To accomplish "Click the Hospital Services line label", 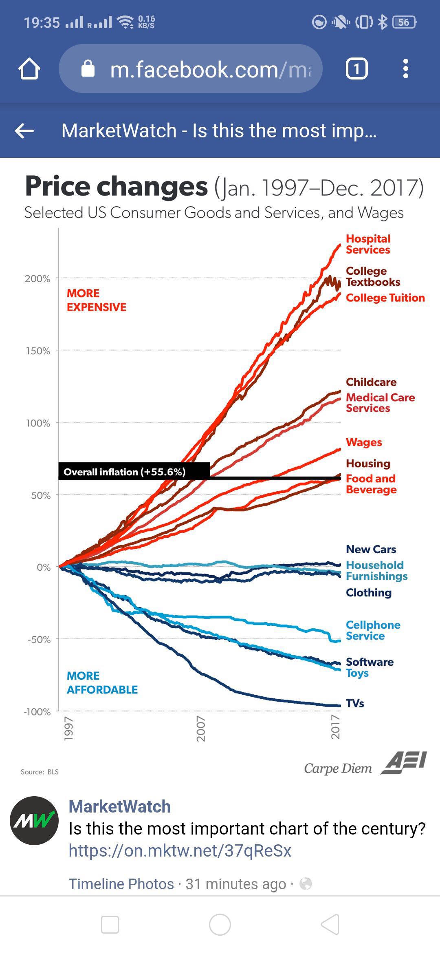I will tap(368, 244).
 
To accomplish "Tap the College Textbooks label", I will tap(373, 276).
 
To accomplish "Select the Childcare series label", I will tap(371, 382).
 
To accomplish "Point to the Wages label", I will tap(364, 442).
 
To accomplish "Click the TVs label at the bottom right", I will tap(355, 703).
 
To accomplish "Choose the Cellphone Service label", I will tap(373, 630).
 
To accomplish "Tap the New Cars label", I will tap(371, 549).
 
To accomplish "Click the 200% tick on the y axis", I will tap(37, 279).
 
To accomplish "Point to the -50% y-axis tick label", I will tap(39, 639).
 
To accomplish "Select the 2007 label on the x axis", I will tap(201, 729).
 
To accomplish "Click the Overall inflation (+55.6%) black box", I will tap(134, 471).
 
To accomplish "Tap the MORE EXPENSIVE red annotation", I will tap(97, 300).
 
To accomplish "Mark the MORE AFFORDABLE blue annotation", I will tap(102, 682).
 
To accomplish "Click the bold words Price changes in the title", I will tap(117, 186).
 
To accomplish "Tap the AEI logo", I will tap(404, 763).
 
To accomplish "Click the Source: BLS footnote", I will tap(40, 772).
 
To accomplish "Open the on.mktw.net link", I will tap(180, 851).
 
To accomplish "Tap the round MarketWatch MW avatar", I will tap(34, 821).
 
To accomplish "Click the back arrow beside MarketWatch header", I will tap(24, 131).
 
